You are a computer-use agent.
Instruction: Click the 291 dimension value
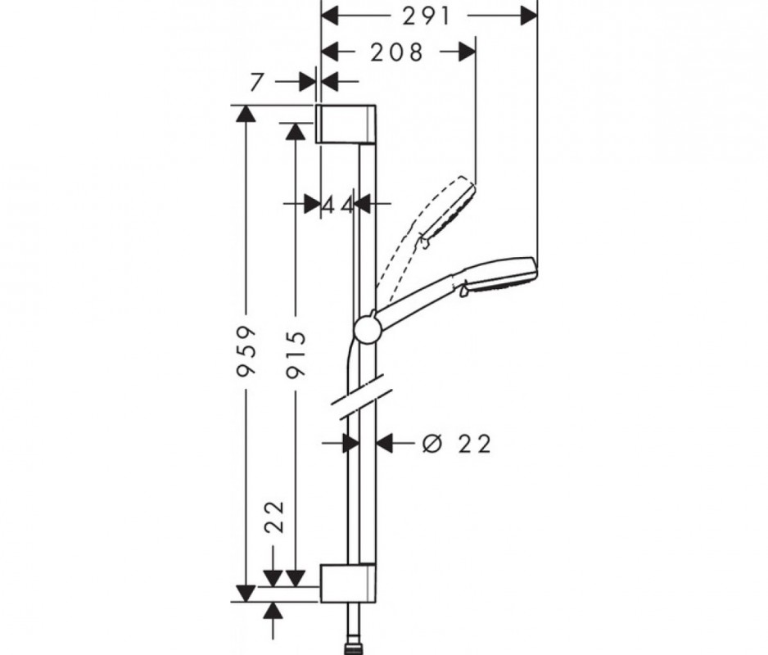426,16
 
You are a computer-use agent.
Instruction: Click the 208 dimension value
396,52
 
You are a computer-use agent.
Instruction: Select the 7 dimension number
256,83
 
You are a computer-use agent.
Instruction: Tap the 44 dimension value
337,206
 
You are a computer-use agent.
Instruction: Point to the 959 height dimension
246,350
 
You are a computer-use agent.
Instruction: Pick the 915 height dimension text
296,355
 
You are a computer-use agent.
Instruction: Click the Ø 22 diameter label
456,445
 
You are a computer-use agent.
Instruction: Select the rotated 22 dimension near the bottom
275,517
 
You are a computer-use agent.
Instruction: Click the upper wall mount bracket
346,124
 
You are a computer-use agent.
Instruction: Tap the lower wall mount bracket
348,582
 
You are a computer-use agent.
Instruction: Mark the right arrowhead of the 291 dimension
529,16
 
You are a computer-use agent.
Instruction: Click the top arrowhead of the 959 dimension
246,114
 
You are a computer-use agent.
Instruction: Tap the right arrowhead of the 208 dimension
468,52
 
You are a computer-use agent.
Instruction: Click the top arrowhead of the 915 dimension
296,132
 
